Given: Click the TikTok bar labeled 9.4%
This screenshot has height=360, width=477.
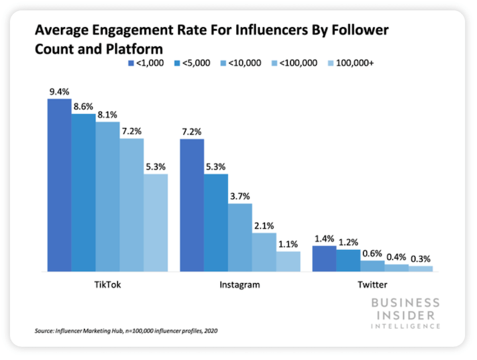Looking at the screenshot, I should tap(58, 185).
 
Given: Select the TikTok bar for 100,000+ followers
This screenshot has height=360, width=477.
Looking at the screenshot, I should tap(156, 223).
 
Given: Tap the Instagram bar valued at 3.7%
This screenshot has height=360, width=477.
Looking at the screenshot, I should tap(240, 237).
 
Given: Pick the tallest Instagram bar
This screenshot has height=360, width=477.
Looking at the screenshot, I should tap(191, 205).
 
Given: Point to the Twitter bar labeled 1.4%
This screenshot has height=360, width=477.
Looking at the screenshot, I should tap(324, 259).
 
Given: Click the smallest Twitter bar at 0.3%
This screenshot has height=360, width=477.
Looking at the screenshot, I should tap(420, 269).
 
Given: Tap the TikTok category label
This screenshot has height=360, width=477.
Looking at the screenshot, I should tap(107, 286).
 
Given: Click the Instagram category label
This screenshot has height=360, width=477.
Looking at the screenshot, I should tap(240, 286).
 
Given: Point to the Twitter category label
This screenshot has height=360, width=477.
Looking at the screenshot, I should tap(372, 286).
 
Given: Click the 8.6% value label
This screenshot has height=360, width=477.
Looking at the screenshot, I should tap(83, 107).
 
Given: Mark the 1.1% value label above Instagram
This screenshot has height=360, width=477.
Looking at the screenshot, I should tap(289, 244).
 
